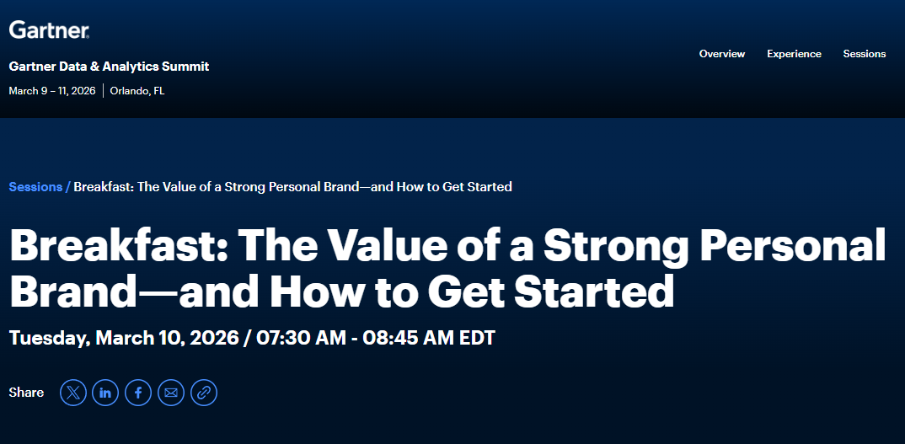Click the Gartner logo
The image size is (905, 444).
pos(49,30)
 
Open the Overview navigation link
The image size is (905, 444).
pos(721,54)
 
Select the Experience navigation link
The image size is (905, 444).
pos(794,54)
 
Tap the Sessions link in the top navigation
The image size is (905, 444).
pos(864,54)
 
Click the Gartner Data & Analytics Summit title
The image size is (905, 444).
pos(109,67)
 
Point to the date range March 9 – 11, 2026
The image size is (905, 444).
pos(52,91)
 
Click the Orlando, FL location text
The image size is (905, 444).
pos(137,91)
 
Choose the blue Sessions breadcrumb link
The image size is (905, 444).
pos(35,187)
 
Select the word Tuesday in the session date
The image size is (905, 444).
pos(47,339)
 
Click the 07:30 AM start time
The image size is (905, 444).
pos(301,339)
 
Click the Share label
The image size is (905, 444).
pos(26,393)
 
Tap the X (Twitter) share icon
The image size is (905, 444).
pos(73,393)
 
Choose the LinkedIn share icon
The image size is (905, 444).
pos(105,393)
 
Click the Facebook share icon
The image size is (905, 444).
pos(138,393)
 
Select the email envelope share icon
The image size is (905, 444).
pos(171,393)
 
